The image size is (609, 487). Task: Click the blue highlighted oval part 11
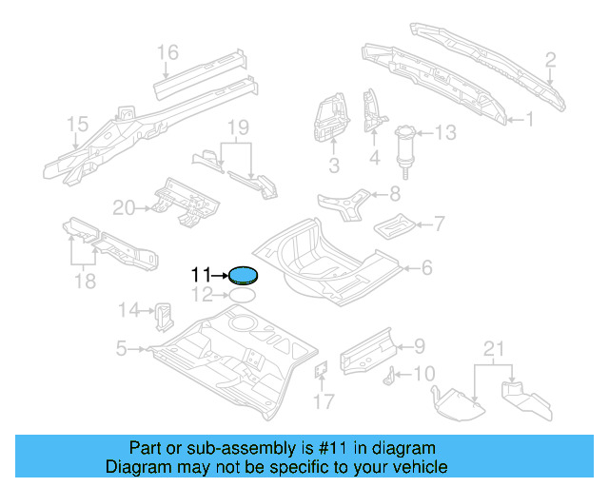244,276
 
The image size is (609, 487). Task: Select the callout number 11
200,275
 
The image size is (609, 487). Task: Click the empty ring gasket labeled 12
244,295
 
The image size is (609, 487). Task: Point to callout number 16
168,51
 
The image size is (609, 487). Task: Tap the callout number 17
324,401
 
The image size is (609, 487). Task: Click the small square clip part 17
321,370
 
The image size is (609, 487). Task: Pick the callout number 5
121,349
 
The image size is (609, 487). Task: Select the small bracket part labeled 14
162,311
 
